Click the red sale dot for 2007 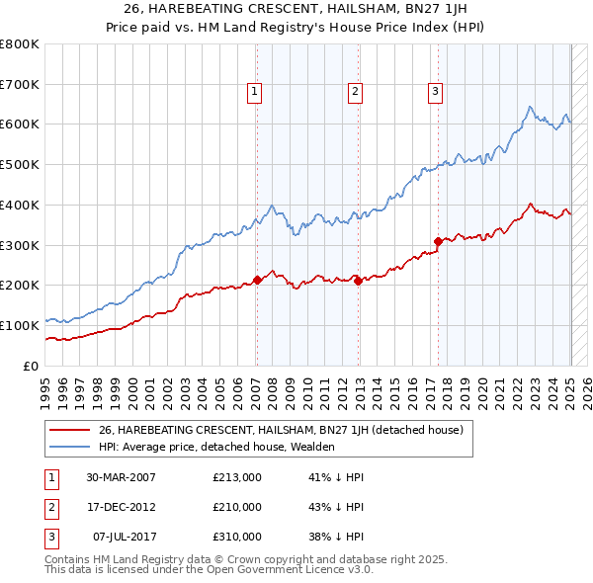click(x=257, y=280)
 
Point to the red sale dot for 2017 click(x=437, y=240)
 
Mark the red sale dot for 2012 click(x=358, y=281)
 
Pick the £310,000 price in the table click(x=237, y=537)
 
